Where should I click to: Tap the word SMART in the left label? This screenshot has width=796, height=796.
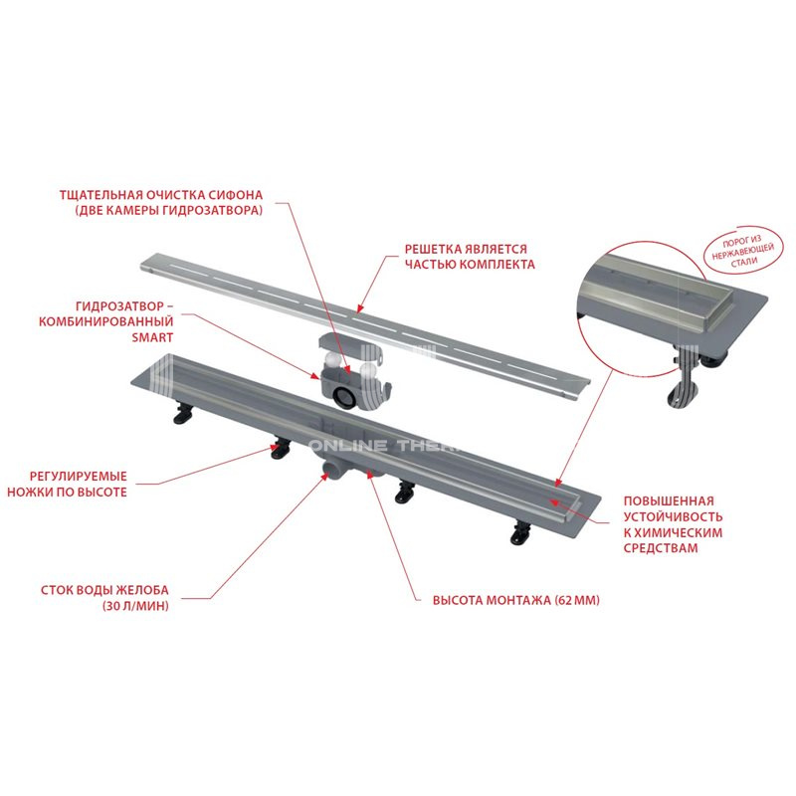(152, 337)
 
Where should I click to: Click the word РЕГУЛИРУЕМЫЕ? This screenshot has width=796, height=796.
(79, 477)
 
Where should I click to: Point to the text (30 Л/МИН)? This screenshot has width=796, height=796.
(135, 606)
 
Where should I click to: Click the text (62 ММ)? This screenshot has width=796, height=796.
(577, 601)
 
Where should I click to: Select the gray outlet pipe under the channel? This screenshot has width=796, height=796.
(332, 471)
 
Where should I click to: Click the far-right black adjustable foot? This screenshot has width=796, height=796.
(520, 533)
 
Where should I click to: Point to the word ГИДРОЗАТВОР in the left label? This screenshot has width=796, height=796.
(119, 306)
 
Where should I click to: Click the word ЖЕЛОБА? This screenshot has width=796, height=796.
(142, 590)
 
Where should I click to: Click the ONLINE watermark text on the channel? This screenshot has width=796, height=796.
(348, 446)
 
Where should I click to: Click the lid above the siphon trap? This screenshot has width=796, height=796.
(350, 341)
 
